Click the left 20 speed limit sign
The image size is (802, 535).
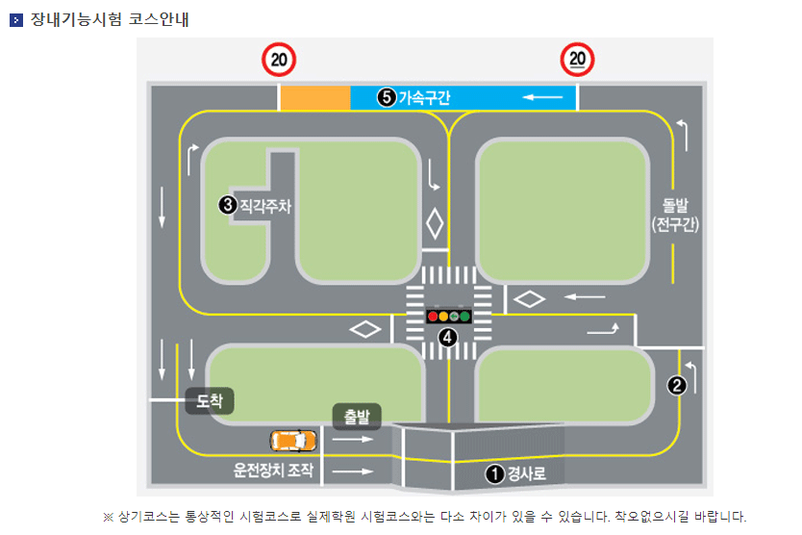pos(279,60)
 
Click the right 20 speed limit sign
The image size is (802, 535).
pos(578,60)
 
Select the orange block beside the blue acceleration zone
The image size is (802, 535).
pos(314,97)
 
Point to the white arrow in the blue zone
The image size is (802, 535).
pos(542,97)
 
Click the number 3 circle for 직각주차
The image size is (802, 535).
pos(227,204)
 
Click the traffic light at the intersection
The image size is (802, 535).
pos(449,315)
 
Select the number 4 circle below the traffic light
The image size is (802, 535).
pos(447,337)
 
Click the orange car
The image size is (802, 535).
pos(293,441)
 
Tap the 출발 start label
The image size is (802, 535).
pos(357,417)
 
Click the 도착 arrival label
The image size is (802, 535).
pos(210,400)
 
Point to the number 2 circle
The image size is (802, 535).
pos(677,385)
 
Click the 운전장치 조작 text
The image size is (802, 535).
pos(273,471)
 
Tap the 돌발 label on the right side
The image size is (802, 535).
pos(675,206)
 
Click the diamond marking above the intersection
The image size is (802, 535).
pos(435,224)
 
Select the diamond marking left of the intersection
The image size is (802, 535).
pos(365,329)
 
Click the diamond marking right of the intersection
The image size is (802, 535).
pos(529,298)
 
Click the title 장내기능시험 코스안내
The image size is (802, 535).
pos(108,18)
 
